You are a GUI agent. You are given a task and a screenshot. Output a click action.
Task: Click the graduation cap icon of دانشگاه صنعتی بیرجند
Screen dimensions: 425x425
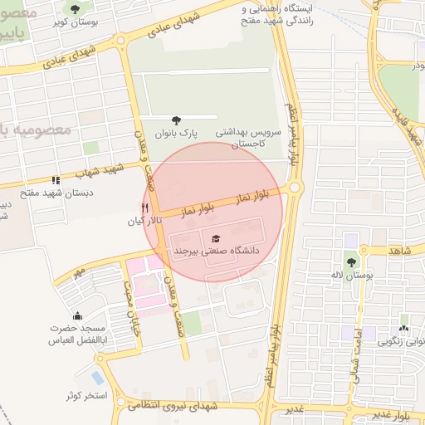[x=216, y=238]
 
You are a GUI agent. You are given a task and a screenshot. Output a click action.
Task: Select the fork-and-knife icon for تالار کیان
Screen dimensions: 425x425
[x=145, y=208]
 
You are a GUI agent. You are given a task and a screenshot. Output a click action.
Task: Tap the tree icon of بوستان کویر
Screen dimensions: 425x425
[x=76, y=9]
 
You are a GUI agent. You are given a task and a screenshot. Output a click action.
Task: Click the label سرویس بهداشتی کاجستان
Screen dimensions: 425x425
[x=251, y=138]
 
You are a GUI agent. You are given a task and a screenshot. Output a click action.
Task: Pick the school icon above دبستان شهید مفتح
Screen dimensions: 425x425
[x=56, y=179]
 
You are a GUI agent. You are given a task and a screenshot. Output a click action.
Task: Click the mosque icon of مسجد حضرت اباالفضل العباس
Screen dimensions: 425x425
[x=78, y=316]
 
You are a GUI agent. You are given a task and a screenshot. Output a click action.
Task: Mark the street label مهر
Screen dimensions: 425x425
[x=79, y=271]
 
